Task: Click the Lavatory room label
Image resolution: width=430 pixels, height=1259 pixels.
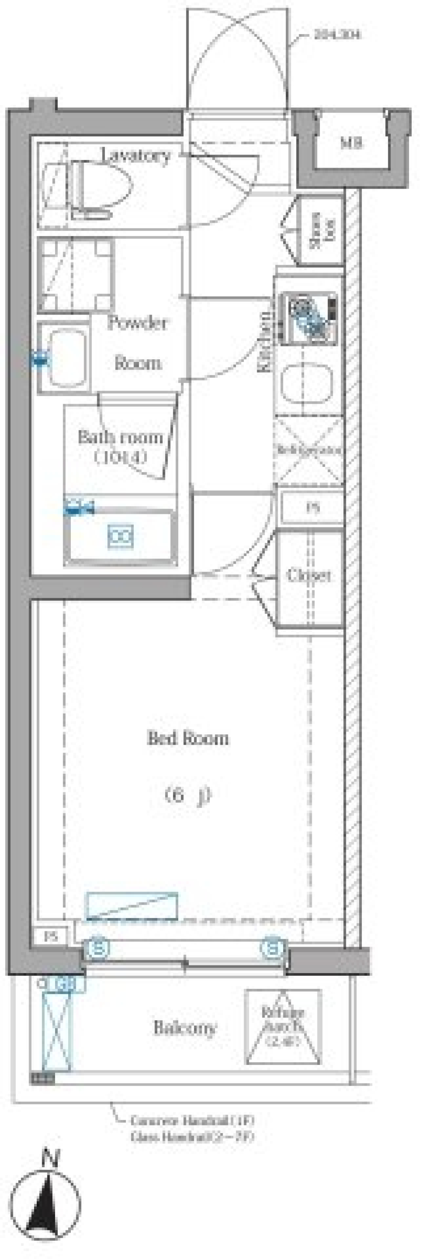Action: (136, 155)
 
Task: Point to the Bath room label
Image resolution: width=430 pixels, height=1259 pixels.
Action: (120, 437)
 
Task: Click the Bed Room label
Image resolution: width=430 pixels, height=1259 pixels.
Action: (188, 737)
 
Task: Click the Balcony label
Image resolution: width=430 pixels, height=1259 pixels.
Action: (184, 1028)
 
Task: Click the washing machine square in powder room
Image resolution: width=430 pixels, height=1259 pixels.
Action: (75, 275)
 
